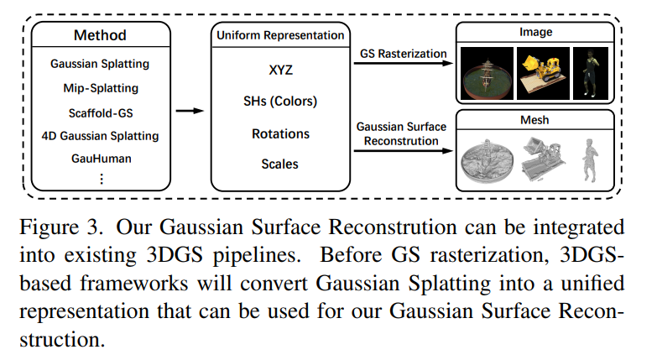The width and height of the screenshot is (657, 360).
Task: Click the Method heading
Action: tap(100, 35)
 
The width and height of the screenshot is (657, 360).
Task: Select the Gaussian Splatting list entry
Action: tap(100, 64)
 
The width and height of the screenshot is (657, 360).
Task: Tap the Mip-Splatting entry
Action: tap(100, 87)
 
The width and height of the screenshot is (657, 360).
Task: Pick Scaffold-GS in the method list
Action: tap(100, 112)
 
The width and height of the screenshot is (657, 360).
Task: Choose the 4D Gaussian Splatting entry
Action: tap(100, 135)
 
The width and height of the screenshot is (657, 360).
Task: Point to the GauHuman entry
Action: tap(100, 158)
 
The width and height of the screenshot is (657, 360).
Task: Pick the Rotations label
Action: tap(280, 133)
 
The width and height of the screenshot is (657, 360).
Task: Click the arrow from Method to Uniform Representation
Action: tap(192, 110)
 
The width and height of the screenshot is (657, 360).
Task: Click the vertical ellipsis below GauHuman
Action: tap(102, 178)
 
